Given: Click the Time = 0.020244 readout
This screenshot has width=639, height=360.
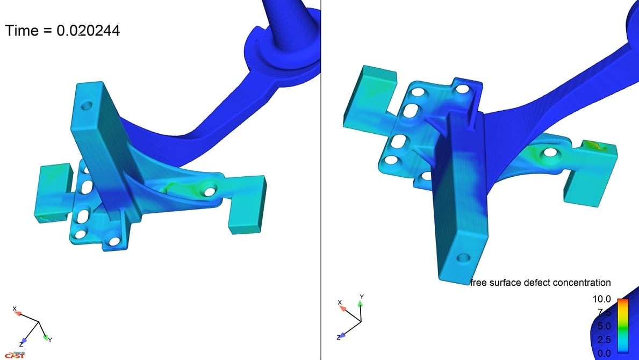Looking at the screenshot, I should point(62,31).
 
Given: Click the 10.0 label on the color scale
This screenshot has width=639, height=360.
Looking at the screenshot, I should point(601,299).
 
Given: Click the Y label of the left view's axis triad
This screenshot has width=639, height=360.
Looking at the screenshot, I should point(50,340).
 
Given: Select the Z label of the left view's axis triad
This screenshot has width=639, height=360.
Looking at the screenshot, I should point(21,344).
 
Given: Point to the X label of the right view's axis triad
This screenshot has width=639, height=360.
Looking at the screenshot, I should point(340,303).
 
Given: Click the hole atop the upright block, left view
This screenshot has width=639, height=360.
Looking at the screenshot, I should point(86,106).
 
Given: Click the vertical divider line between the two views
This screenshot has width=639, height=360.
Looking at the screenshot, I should point(321,180).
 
